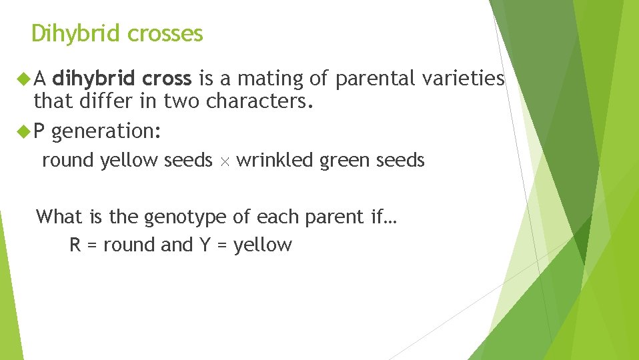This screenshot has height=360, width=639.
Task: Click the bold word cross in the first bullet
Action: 167,79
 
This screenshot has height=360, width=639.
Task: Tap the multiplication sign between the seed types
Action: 224,161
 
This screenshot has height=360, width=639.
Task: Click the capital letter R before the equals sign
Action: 75,245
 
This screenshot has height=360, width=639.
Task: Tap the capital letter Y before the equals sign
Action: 205,245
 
